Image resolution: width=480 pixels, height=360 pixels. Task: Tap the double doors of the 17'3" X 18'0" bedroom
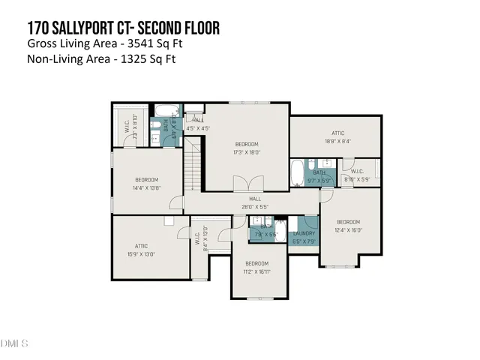click(x=247, y=184)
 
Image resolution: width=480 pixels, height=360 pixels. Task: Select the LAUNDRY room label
click(x=304, y=233)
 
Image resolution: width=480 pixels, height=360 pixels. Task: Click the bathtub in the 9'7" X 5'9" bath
click(x=298, y=172)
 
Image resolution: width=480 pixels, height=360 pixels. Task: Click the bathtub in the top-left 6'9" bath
click(x=166, y=111)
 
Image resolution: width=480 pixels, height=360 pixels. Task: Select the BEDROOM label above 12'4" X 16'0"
click(x=348, y=222)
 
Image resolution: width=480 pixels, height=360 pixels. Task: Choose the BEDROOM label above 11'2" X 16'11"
click(x=256, y=263)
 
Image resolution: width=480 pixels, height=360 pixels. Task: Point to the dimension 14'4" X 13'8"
click(x=147, y=188)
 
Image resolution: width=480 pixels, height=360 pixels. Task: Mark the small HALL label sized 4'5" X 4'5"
click(x=198, y=120)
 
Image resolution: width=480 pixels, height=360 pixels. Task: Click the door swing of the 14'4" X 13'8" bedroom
click(x=176, y=202)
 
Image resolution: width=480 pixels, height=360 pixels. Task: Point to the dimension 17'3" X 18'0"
click(x=247, y=152)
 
